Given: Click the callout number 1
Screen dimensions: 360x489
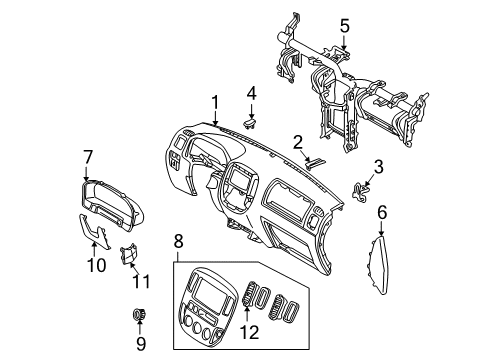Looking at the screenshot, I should point(214,101).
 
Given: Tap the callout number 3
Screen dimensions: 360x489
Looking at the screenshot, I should point(378,165).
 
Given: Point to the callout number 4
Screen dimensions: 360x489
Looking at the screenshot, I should point(252,93).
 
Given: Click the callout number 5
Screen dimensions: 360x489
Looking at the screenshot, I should point(344,25).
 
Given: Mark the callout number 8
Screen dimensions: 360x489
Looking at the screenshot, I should point(178,240).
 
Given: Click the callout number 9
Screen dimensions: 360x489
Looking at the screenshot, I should point(140,343).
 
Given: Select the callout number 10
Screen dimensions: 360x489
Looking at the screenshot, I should point(96,265).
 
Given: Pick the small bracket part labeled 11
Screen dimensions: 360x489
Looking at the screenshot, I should point(128,257).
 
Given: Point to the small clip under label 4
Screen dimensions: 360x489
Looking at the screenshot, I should point(251,124).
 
